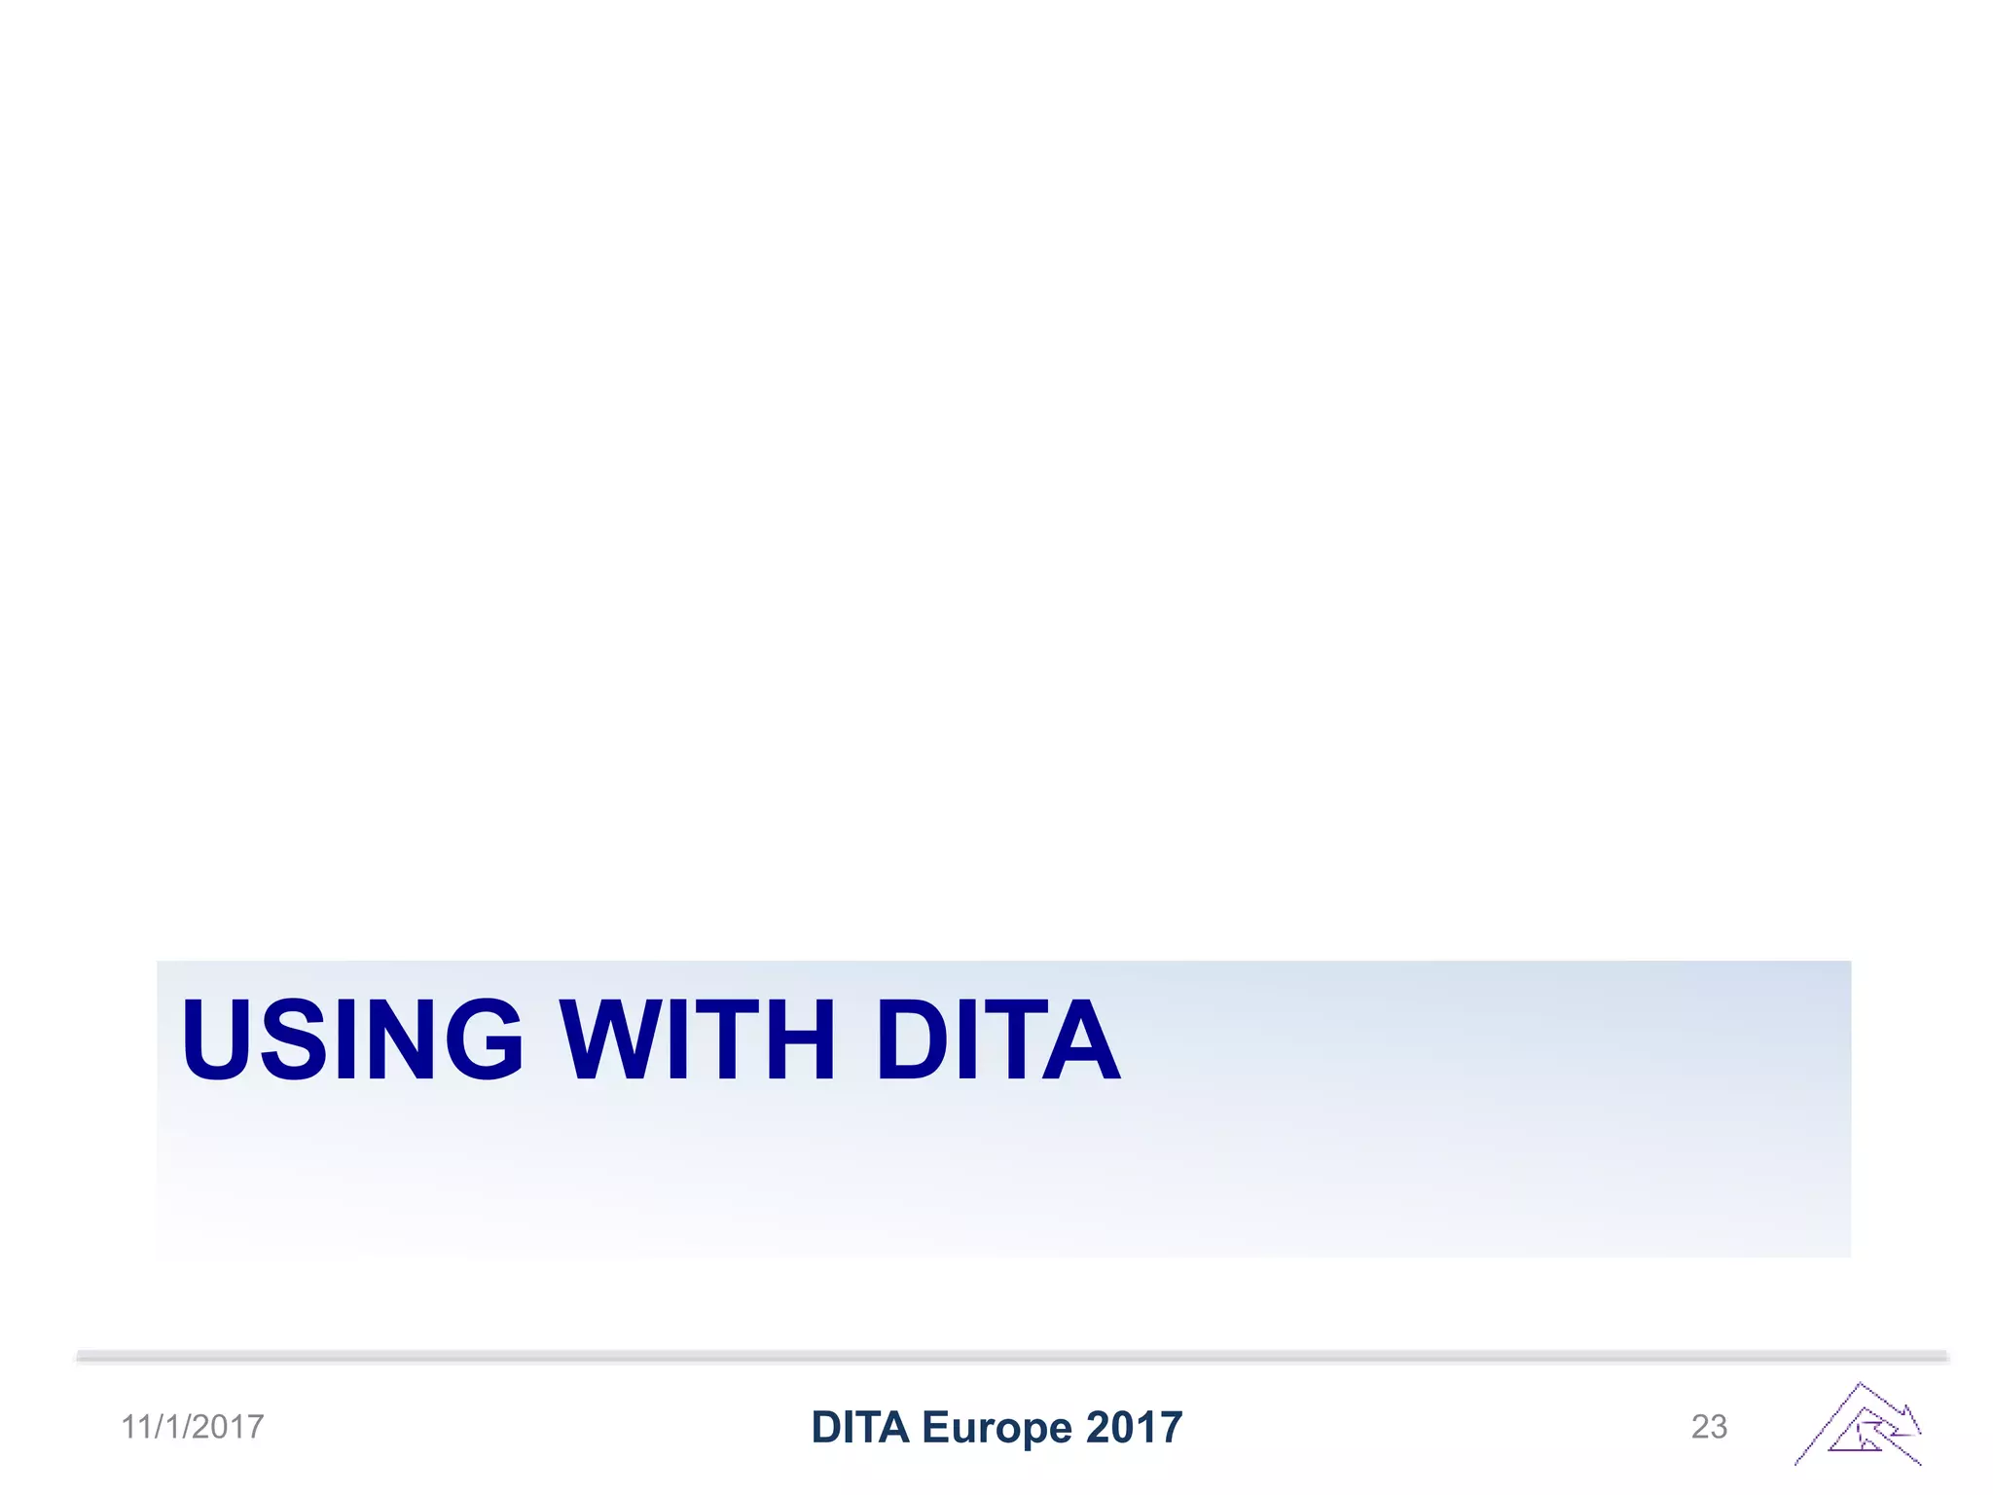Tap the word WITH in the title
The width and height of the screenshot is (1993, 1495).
[697, 1039]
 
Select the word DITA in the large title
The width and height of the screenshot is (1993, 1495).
[997, 1039]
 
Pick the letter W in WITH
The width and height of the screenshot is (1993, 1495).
[609, 1039]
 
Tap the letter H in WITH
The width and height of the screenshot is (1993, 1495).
[800, 1039]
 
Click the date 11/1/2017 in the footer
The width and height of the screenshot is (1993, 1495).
[193, 1427]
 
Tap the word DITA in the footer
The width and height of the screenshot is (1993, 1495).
[859, 1427]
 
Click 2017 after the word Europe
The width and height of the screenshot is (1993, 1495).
[1134, 1427]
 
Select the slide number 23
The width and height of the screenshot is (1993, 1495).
[1709, 1427]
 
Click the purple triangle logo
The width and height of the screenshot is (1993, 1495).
[1859, 1426]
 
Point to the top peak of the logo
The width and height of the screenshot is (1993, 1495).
[1860, 1384]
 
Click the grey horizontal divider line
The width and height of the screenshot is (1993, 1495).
[1012, 1356]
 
